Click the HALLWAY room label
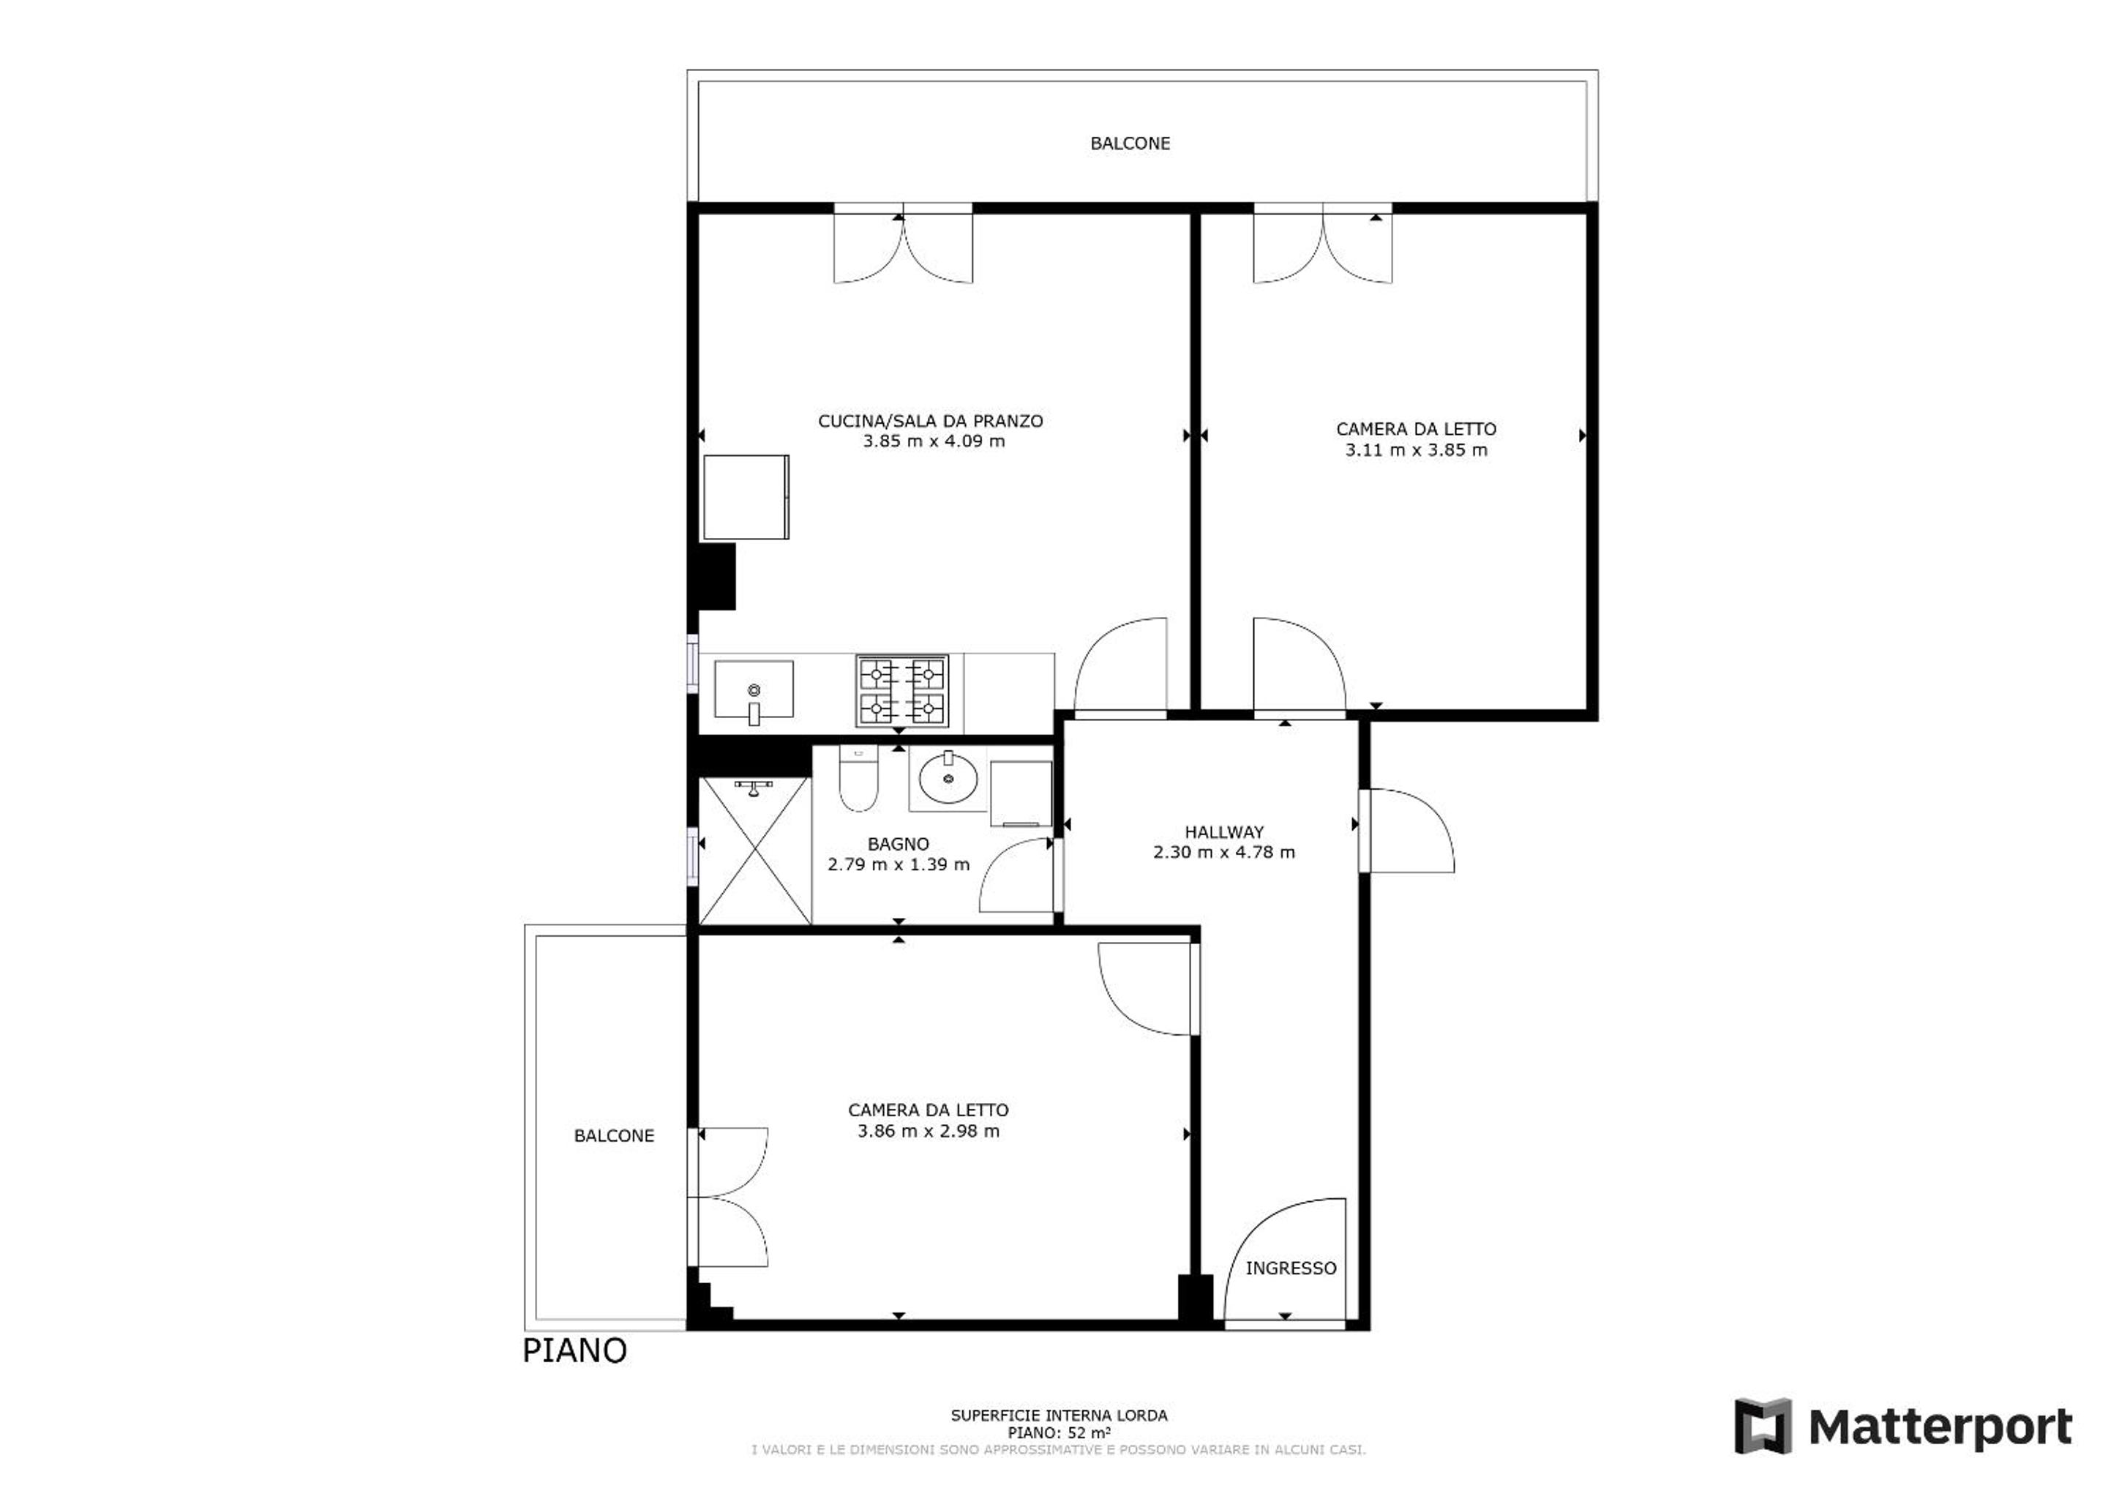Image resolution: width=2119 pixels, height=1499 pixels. [x=1224, y=831]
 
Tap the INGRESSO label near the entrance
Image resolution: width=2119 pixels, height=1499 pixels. [x=1290, y=1268]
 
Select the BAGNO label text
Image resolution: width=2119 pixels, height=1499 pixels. [x=898, y=844]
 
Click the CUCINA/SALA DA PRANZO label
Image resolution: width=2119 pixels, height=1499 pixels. [x=930, y=421]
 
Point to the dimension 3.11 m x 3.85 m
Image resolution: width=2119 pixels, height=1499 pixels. [x=1417, y=450]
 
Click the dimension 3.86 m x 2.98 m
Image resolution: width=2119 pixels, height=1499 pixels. [x=929, y=1131]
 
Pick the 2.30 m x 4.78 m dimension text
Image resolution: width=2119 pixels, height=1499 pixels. [x=1224, y=852]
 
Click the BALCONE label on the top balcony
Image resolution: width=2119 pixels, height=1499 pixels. [x=1130, y=143]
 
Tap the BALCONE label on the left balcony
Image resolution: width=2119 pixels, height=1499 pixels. [x=614, y=1135]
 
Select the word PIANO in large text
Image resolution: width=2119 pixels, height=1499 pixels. [x=574, y=1350]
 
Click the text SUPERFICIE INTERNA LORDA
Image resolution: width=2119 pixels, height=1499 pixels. [x=1059, y=1415]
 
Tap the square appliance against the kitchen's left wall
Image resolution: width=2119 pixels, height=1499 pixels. [x=746, y=496]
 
